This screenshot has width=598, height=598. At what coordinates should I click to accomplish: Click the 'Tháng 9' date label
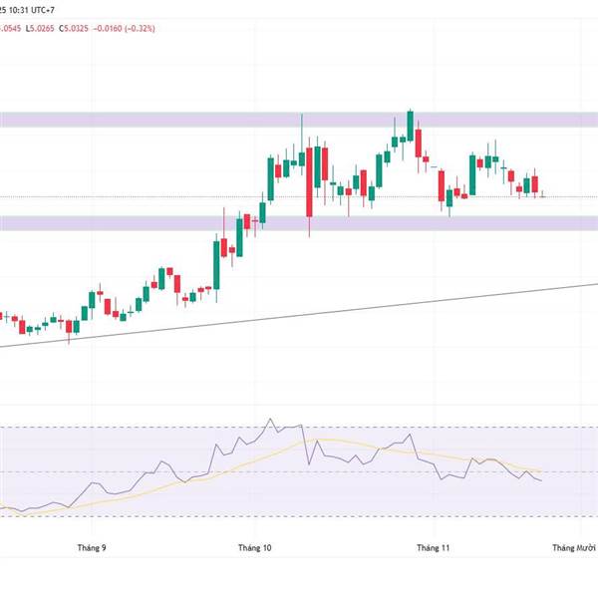tap(91, 548)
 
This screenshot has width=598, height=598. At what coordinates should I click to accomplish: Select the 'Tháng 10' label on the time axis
tap(255, 548)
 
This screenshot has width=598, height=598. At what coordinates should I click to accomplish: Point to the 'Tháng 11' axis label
tap(434, 548)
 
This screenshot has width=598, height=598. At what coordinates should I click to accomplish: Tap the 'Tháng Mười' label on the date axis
tap(574, 548)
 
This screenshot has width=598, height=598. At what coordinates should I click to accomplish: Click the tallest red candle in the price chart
tap(309, 184)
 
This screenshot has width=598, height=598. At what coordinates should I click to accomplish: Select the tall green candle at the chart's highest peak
tap(410, 126)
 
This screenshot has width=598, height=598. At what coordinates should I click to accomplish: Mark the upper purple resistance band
tap(299, 120)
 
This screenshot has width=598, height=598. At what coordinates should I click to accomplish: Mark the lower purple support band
tap(299, 223)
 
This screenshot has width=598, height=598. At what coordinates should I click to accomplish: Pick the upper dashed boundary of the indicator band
tap(149, 427)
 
